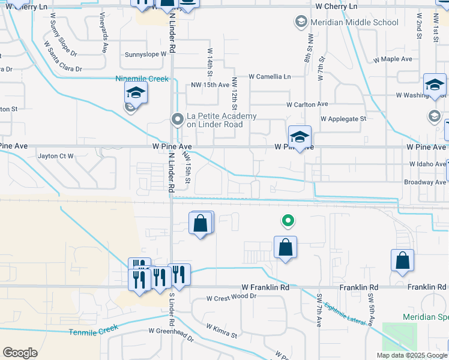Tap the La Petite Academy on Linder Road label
point(221,120)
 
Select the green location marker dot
point(288,221)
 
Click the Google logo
point(20,352)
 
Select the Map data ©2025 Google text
point(412,355)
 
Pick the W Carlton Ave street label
point(307,104)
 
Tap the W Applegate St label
point(343,119)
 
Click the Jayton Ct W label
point(55,156)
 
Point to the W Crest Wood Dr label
point(231,297)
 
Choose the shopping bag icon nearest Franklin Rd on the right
point(402,260)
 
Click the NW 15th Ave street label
point(210,85)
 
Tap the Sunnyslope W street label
point(145,54)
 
